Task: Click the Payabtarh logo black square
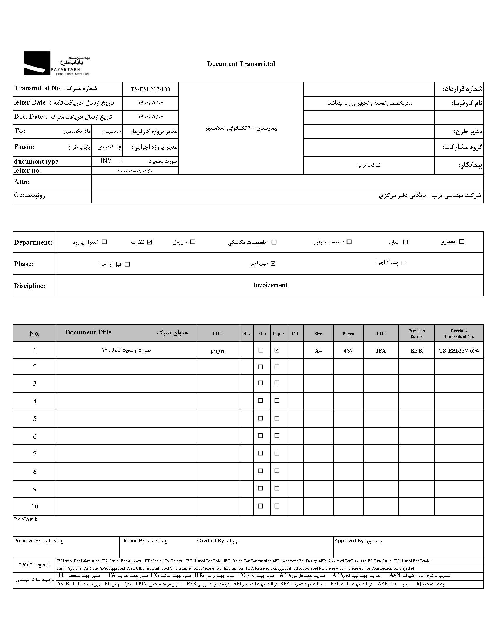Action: [x=37, y=63]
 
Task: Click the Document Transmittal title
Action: [x=241, y=64]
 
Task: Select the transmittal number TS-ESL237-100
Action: [x=150, y=89]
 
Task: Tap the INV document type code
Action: [x=106, y=161]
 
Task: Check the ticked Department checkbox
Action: [x=150, y=242]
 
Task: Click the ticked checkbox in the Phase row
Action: [x=273, y=263]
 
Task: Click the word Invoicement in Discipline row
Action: [x=270, y=285]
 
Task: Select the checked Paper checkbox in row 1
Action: [x=277, y=350]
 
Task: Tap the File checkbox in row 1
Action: [x=261, y=350]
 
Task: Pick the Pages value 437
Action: [x=348, y=351]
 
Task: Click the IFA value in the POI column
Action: [x=381, y=351]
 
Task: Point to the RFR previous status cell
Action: [x=416, y=351]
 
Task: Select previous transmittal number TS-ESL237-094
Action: [x=459, y=351]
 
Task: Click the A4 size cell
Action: [x=318, y=351]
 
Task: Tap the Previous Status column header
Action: [x=416, y=334]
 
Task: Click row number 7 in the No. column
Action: [x=35, y=454]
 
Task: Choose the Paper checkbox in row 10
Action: [x=277, y=506]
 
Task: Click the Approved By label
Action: [x=349, y=541]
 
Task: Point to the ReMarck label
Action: [x=26, y=519]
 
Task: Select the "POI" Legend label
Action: [x=34, y=565]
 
